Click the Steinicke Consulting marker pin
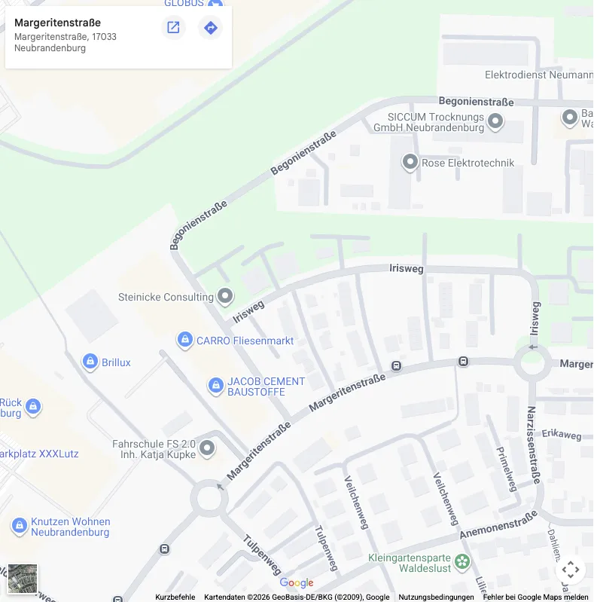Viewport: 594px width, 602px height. [225, 296]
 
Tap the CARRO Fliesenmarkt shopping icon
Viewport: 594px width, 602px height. [184, 341]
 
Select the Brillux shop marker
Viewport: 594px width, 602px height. [90, 362]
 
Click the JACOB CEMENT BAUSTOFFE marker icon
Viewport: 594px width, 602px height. [216, 387]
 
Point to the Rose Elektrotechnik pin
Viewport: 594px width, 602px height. [410, 162]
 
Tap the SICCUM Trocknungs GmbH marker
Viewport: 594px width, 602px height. [495, 121]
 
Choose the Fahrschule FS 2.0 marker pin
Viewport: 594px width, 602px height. [207, 449]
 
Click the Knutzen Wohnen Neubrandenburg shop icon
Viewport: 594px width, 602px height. [20, 526]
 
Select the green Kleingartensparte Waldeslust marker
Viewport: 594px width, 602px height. [462, 561]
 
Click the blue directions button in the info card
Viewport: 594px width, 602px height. [211, 28]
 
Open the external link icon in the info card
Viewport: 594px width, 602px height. [173, 28]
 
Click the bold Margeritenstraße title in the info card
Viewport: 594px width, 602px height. [57, 23]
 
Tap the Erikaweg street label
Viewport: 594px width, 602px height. [562, 435]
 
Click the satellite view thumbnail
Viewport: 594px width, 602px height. [23, 579]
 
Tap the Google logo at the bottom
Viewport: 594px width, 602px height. [296, 583]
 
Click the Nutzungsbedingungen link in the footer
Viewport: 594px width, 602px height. [436, 597]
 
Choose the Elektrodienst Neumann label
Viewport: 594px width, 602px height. [538, 75]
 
